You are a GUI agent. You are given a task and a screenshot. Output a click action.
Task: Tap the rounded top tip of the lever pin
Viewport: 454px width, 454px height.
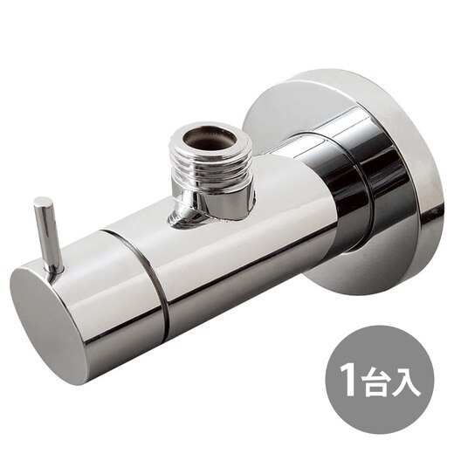click(x=43, y=202)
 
